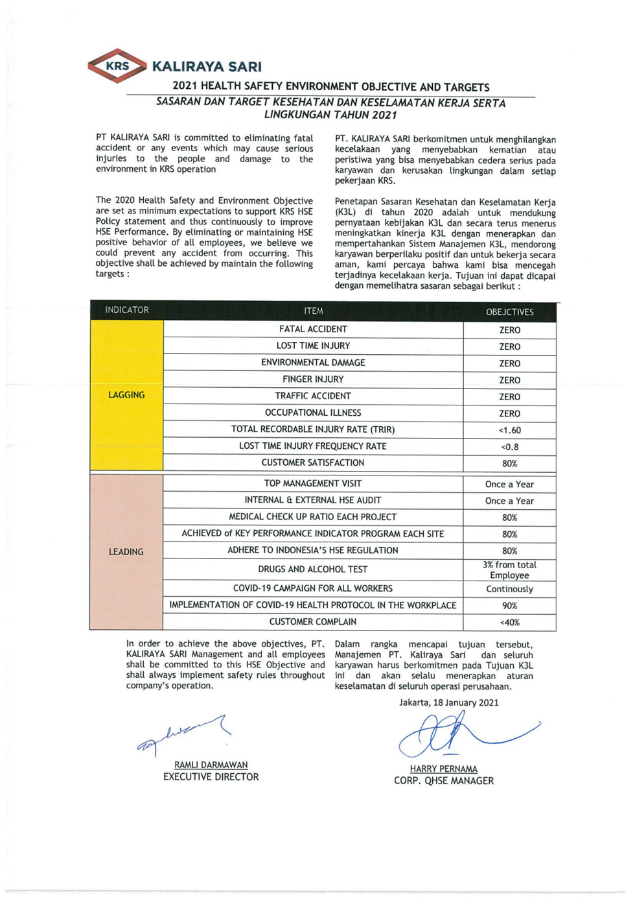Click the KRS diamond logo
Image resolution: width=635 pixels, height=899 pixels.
click(117, 66)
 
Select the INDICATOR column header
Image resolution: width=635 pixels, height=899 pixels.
click(127, 310)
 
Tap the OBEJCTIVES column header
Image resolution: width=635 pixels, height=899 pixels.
click(509, 312)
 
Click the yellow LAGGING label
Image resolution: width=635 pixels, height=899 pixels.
click(126, 395)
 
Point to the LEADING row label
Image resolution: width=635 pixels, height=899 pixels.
click(126, 552)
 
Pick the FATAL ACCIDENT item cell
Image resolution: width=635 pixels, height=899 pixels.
click(313, 330)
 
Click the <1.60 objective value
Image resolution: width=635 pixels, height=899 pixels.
click(509, 430)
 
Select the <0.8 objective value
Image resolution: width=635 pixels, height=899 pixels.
click(509, 447)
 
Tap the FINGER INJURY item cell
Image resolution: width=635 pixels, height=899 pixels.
click(313, 379)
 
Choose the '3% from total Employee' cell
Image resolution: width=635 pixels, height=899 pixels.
click(509, 570)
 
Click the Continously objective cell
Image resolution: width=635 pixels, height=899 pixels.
click(509, 589)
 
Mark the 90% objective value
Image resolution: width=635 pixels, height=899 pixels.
click(509, 606)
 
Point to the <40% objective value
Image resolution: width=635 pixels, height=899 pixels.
click(509, 623)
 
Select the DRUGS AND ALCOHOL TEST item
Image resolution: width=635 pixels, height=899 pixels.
click(313, 569)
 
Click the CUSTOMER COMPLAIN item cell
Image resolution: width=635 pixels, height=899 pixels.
click(313, 622)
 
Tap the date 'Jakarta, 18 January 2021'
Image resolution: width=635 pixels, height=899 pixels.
click(449, 702)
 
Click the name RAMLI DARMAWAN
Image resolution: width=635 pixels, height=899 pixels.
click(211, 765)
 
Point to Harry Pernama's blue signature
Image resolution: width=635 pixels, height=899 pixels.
click(454, 734)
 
